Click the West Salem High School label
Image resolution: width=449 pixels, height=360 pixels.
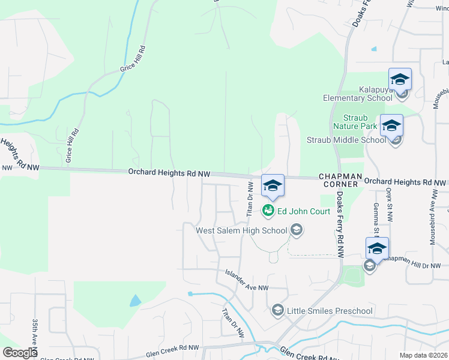[241, 230]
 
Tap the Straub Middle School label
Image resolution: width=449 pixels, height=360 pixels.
[346, 140]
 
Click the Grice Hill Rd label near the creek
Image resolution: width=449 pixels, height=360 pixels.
[133, 60]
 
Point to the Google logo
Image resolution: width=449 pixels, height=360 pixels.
[20, 353]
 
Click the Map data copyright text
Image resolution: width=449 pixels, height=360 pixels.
[423, 355]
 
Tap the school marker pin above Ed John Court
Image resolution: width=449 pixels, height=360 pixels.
[273, 186]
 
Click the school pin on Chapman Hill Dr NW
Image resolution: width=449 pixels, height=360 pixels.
[377, 249]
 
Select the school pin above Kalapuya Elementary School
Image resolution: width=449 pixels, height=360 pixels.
[400, 80]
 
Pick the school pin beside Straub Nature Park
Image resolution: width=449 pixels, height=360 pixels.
[391, 126]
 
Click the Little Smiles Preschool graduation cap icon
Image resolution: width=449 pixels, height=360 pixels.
[277, 310]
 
